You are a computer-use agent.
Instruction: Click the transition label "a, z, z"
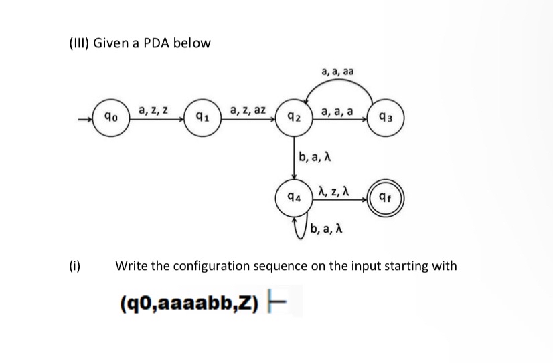pyautogui.click(x=153, y=110)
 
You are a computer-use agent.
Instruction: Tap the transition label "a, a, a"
pyautogui.click(x=338, y=111)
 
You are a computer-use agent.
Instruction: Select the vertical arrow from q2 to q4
pyautogui.click(x=295, y=159)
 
